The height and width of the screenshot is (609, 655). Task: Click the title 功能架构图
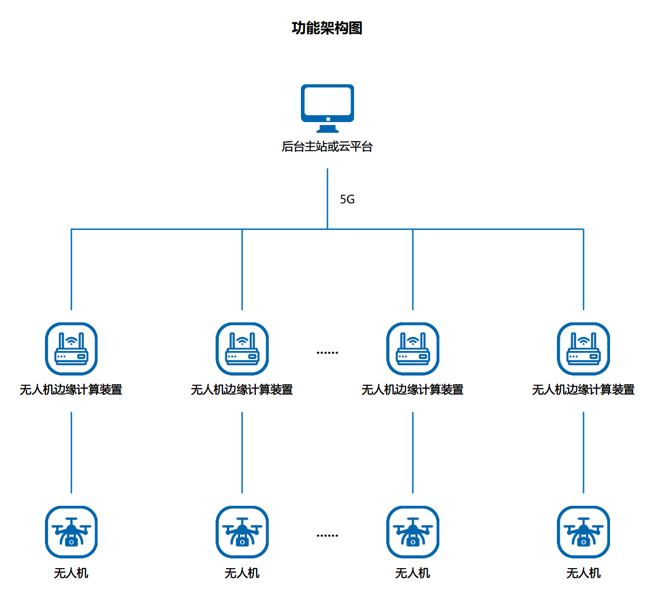pos(327,28)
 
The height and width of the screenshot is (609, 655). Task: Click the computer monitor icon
pos(327,105)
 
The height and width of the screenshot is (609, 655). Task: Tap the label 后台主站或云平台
pos(327,147)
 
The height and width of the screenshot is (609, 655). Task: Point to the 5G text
pos(347,199)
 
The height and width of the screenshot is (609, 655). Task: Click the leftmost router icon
pos(72,349)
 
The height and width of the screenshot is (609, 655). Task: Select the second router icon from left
pos(242,349)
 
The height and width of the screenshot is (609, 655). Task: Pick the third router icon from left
pos(413,349)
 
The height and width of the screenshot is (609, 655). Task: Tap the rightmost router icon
pos(583,349)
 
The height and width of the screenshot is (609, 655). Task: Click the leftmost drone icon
pos(72,532)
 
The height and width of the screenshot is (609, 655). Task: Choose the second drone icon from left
pos(242,532)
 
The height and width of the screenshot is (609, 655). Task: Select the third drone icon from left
pos(413,532)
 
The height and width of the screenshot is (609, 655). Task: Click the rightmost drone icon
pos(583,532)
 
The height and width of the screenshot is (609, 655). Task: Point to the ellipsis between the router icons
pos(327,353)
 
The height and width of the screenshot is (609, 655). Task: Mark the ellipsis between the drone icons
pos(327,535)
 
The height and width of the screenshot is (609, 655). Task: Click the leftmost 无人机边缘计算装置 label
pos(71,390)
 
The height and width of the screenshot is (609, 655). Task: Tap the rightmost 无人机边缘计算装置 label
pos(583,390)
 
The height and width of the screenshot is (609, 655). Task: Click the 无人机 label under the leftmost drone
pos(71,573)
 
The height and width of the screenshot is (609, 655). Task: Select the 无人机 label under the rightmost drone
pos(583,573)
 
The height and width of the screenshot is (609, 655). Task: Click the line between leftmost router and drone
pos(72,452)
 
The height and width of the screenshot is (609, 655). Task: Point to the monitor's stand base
pos(327,130)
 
